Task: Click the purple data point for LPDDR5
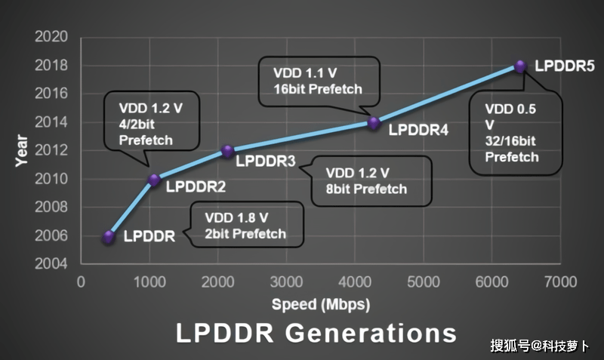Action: click(519, 66)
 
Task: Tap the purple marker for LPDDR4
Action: click(373, 122)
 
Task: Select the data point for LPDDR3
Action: click(226, 150)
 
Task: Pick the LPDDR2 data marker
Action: click(154, 180)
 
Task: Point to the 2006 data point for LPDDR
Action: click(109, 236)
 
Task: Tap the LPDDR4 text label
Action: click(418, 130)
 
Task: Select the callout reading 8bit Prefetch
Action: click(371, 180)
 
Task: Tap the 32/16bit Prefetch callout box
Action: click(516, 132)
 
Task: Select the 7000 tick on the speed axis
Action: click(560, 282)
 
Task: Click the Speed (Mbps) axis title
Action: click(321, 305)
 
